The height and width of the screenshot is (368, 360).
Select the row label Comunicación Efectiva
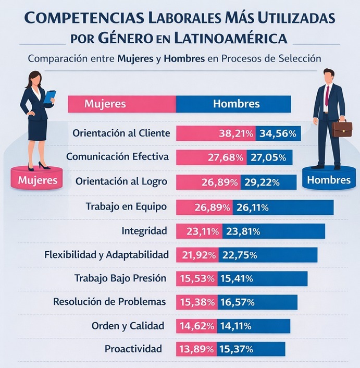pos(118,156)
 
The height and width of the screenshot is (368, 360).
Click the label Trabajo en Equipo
pos(126,207)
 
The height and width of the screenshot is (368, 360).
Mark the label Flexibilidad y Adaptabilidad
pos(106,255)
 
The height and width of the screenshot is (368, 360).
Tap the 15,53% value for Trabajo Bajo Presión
pos(197,279)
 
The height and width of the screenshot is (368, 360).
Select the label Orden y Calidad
pos(128,326)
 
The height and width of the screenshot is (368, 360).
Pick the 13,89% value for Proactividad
pos(197,349)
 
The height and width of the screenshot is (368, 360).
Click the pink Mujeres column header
pos(105,104)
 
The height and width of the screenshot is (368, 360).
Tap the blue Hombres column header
pos(236,104)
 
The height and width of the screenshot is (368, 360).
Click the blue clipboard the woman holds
pos(50,96)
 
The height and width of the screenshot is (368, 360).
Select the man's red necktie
pos(327,95)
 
